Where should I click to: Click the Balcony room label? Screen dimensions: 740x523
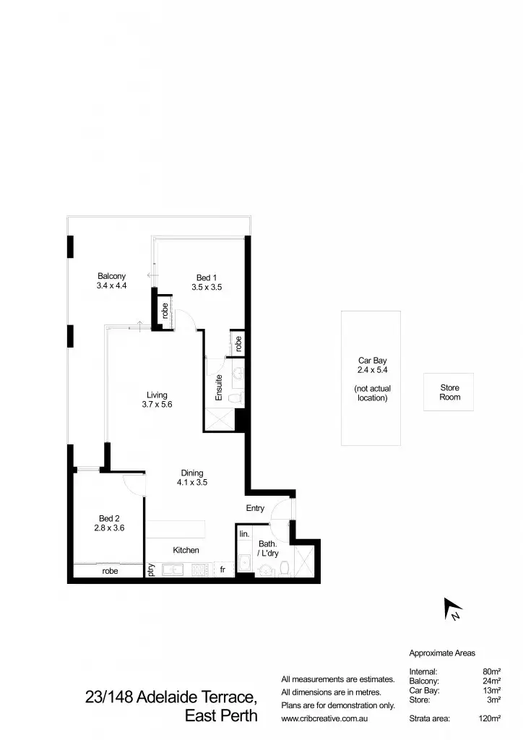coord(111,276)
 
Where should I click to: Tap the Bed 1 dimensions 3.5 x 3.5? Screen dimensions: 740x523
coord(207,287)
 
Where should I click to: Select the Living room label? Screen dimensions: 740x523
coord(157,395)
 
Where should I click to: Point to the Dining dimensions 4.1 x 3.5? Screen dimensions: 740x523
coord(192,483)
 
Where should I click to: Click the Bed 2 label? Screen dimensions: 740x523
coord(110,518)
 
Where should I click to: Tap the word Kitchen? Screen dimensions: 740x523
coord(186,550)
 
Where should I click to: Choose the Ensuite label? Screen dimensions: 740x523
coord(219,387)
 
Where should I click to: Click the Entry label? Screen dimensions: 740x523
coord(255,509)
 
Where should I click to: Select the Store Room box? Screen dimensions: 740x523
coord(449,392)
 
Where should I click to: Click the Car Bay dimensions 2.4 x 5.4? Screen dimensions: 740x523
coord(371,370)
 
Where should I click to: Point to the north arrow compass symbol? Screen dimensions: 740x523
coord(453,609)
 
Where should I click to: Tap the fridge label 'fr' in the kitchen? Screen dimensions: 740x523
coord(223,570)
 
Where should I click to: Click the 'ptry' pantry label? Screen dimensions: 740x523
coord(152,570)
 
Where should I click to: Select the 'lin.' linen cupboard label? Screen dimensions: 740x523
coord(244,533)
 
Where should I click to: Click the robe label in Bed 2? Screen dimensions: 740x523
coord(110,571)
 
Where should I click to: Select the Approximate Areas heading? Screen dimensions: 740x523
coord(441,653)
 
